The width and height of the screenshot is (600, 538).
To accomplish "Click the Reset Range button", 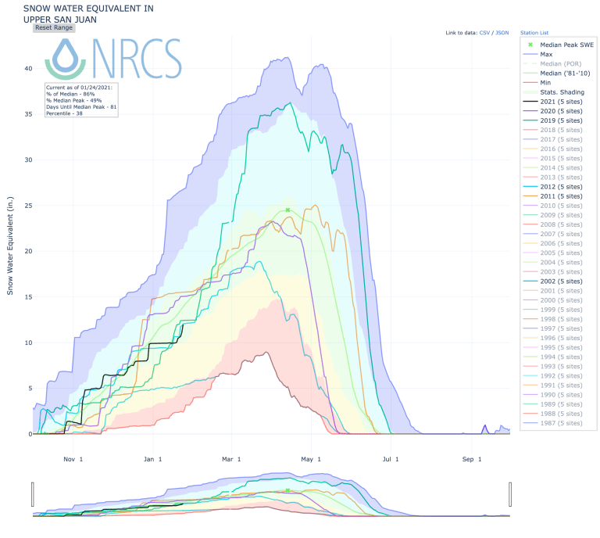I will click(x=54, y=27).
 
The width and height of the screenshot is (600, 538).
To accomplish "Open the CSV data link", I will click(x=484, y=34).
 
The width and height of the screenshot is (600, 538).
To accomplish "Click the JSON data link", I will click(x=502, y=34).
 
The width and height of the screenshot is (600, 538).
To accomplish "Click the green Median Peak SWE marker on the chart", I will click(x=287, y=210).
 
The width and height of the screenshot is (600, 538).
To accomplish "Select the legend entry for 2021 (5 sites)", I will click(x=561, y=102).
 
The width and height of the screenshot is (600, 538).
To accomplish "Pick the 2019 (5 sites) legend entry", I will click(x=561, y=120).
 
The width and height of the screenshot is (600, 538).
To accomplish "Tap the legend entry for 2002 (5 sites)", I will click(x=561, y=281).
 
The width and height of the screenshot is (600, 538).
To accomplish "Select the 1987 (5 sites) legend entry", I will click(x=561, y=422).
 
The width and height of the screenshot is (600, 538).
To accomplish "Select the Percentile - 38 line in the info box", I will click(x=63, y=113).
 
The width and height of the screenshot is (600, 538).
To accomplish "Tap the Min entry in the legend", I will click(x=545, y=83).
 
